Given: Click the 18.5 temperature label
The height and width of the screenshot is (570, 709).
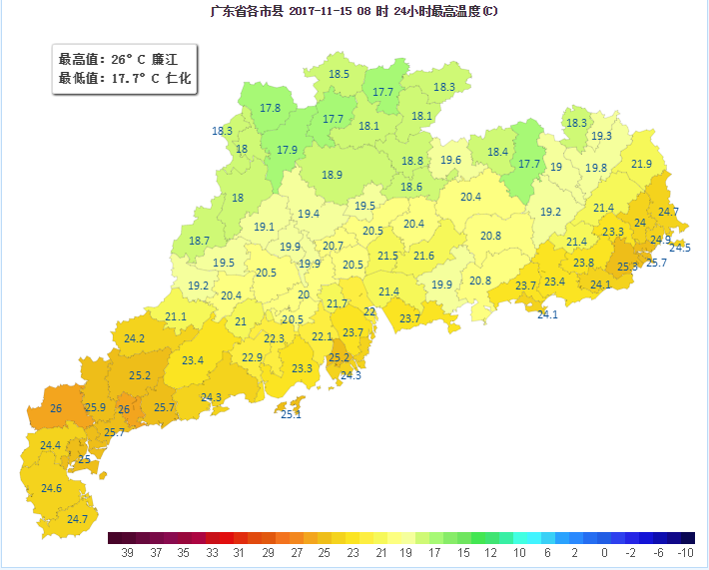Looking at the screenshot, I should [x=340, y=74].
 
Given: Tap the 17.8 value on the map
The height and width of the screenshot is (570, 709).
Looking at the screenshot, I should [x=270, y=108].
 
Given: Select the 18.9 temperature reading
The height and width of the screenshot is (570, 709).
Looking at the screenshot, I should [x=333, y=175].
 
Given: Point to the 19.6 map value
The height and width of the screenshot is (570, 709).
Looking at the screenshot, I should [x=451, y=160].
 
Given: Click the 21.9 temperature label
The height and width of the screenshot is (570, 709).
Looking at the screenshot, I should [x=641, y=164].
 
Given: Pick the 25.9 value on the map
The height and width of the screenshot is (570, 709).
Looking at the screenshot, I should [x=95, y=407].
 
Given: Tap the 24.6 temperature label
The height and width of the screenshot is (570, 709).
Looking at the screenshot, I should [x=52, y=488].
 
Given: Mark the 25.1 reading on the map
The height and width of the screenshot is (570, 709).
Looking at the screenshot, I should [x=291, y=414].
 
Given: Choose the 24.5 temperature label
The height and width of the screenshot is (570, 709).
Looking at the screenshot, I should [x=680, y=248].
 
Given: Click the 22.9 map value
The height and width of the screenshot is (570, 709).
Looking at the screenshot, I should [x=252, y=357].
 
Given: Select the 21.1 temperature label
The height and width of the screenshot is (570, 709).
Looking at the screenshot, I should [x=176, y=316].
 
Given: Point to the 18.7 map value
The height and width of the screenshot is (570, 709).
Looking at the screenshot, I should [x=200, y=241].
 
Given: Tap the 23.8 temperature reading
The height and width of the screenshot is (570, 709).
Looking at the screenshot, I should [x=583, y=263].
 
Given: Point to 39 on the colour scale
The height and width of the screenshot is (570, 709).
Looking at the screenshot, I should [x=128, y=552].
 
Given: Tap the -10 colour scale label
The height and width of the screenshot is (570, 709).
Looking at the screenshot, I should [x=685, y=552].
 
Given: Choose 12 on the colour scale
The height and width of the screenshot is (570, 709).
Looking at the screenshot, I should [x=491, y=552].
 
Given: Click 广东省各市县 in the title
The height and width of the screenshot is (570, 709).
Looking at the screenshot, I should [x=248, y=12].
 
